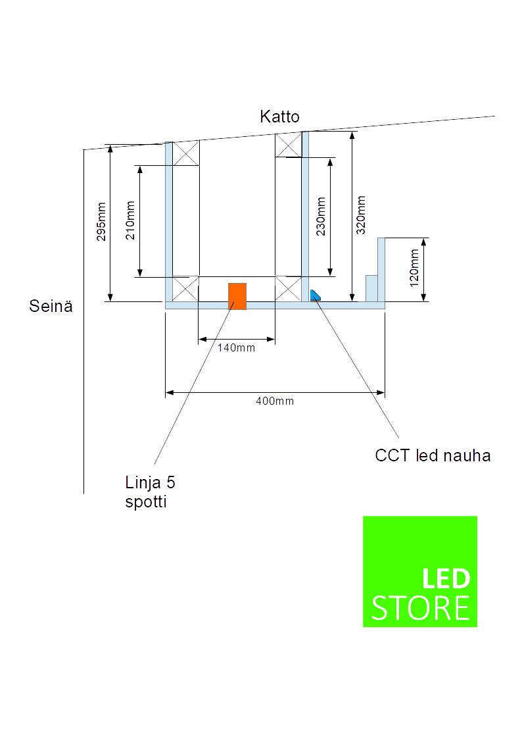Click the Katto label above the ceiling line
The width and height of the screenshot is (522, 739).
pyautogui.click(x=279, y=116)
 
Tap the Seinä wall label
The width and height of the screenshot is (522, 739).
pyautogui.click(x=51, y=306)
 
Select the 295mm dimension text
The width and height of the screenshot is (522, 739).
pyautogui.click(x=101, y=222)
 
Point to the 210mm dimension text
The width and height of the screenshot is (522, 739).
pyautogui.click(x=130, y=220)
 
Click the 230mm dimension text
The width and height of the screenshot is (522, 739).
pyautogui.click(x=321, y=217)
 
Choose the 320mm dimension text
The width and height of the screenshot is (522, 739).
pyautogui.click(x=361, y=215)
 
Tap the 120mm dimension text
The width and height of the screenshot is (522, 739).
pyautogui.click(x=414, y=268)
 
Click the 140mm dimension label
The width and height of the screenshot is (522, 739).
pyautogui.click(x=236, y=348)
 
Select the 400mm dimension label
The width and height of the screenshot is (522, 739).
pyautogui.click(x=275, y=401)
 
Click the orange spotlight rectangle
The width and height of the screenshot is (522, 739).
pyautogui.click(x=237, y=296)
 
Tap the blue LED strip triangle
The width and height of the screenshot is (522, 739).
pyautogui.click(x=314, y=296)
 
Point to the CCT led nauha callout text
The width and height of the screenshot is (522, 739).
pyautogui.click(x=433, y=456)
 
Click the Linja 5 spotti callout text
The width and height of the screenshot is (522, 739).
pyautogui.click(x=150, y=492)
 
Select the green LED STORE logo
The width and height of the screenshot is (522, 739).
pyautogui.click(x=420, y=571)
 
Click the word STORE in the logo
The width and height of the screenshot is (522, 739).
pyautogui.click(x=420, y=608)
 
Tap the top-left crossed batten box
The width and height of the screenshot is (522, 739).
pyautogui.click(x=186, y=153)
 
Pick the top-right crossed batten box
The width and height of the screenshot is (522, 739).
pyautogui.click(x=288, y=145)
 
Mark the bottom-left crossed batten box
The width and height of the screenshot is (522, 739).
pyautogui.click(x=185, y=289)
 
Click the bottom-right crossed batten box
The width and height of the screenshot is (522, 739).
pyautogui.click(x=288, y=288)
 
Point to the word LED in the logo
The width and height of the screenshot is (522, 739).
pyautogui.click(x=446, y=578)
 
